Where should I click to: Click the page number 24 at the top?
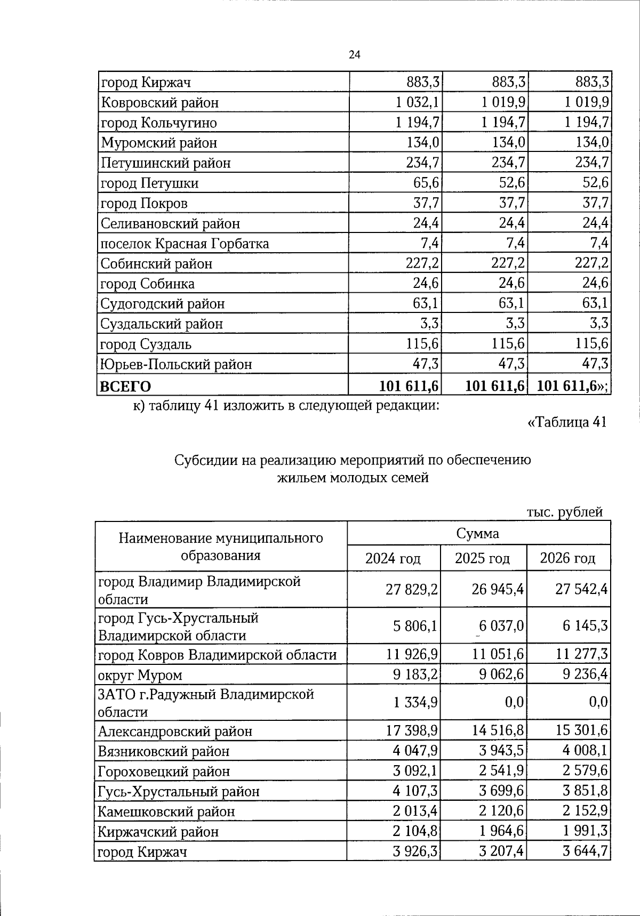355,55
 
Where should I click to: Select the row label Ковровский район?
159,102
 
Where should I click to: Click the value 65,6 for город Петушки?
426,183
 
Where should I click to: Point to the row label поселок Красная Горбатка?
185,244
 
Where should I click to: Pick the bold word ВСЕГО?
125,386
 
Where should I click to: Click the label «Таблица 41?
566,422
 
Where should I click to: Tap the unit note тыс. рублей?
565,512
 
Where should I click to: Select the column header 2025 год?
482,558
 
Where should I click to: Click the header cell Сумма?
478,533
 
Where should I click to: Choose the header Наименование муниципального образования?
221,546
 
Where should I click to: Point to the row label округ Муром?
140,675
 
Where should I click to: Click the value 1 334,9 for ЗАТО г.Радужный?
415,702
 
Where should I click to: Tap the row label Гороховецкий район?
164,771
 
